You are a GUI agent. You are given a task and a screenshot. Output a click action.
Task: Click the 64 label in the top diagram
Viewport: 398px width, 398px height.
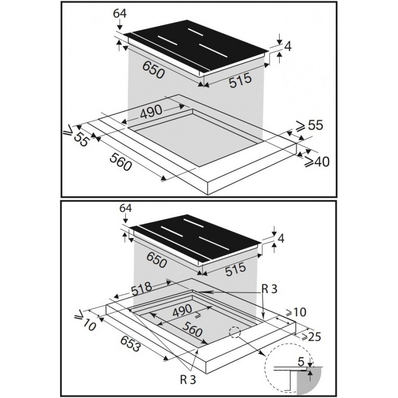coord(120,14)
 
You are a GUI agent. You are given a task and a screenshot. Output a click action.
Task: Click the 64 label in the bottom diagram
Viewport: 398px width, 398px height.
coord(126,208)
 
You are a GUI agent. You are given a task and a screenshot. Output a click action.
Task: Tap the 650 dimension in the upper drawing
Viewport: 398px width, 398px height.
coord(154,70)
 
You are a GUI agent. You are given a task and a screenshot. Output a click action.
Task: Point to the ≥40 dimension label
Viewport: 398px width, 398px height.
coord(317,161)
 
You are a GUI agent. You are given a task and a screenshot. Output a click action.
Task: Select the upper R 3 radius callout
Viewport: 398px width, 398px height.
coord(270,289)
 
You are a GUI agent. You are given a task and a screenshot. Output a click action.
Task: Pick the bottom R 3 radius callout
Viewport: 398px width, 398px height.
coord(188,380)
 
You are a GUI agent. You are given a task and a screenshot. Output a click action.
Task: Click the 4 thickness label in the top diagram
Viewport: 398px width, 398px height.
coord(288,47)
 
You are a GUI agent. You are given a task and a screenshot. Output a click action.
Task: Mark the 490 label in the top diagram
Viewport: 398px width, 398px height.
coord(151,112)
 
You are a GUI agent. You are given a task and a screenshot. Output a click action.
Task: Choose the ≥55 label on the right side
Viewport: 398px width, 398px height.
coord(310,125)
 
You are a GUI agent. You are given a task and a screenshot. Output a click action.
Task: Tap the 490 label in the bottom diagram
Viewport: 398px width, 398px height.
coord(182,310)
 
